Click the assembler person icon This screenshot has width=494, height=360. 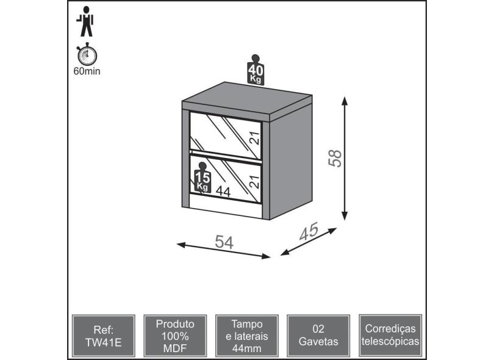85,21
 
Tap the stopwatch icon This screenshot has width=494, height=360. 87,54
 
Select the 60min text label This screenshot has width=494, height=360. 87,71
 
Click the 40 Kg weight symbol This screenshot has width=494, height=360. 255,70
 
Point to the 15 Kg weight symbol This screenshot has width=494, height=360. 202,177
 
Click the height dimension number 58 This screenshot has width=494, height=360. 335,158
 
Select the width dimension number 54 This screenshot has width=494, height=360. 224,242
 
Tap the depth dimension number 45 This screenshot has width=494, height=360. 309,232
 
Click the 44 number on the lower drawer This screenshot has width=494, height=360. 223,192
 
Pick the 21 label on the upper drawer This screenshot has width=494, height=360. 254,138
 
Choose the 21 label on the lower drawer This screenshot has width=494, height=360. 254,182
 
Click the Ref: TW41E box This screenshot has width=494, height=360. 104,336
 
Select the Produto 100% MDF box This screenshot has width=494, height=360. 175,336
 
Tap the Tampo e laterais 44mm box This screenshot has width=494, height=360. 247,336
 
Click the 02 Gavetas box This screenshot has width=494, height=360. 318,336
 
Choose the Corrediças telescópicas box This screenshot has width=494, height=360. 390,336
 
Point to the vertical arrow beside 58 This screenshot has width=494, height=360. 345,158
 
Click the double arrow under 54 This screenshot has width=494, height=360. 224,251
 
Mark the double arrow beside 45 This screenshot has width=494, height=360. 309,242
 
